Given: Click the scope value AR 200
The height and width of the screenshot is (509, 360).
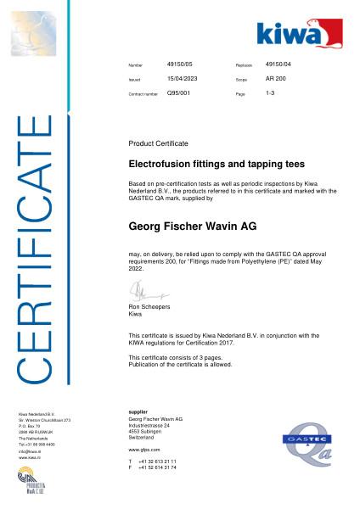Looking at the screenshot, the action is tap(276, 78).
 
